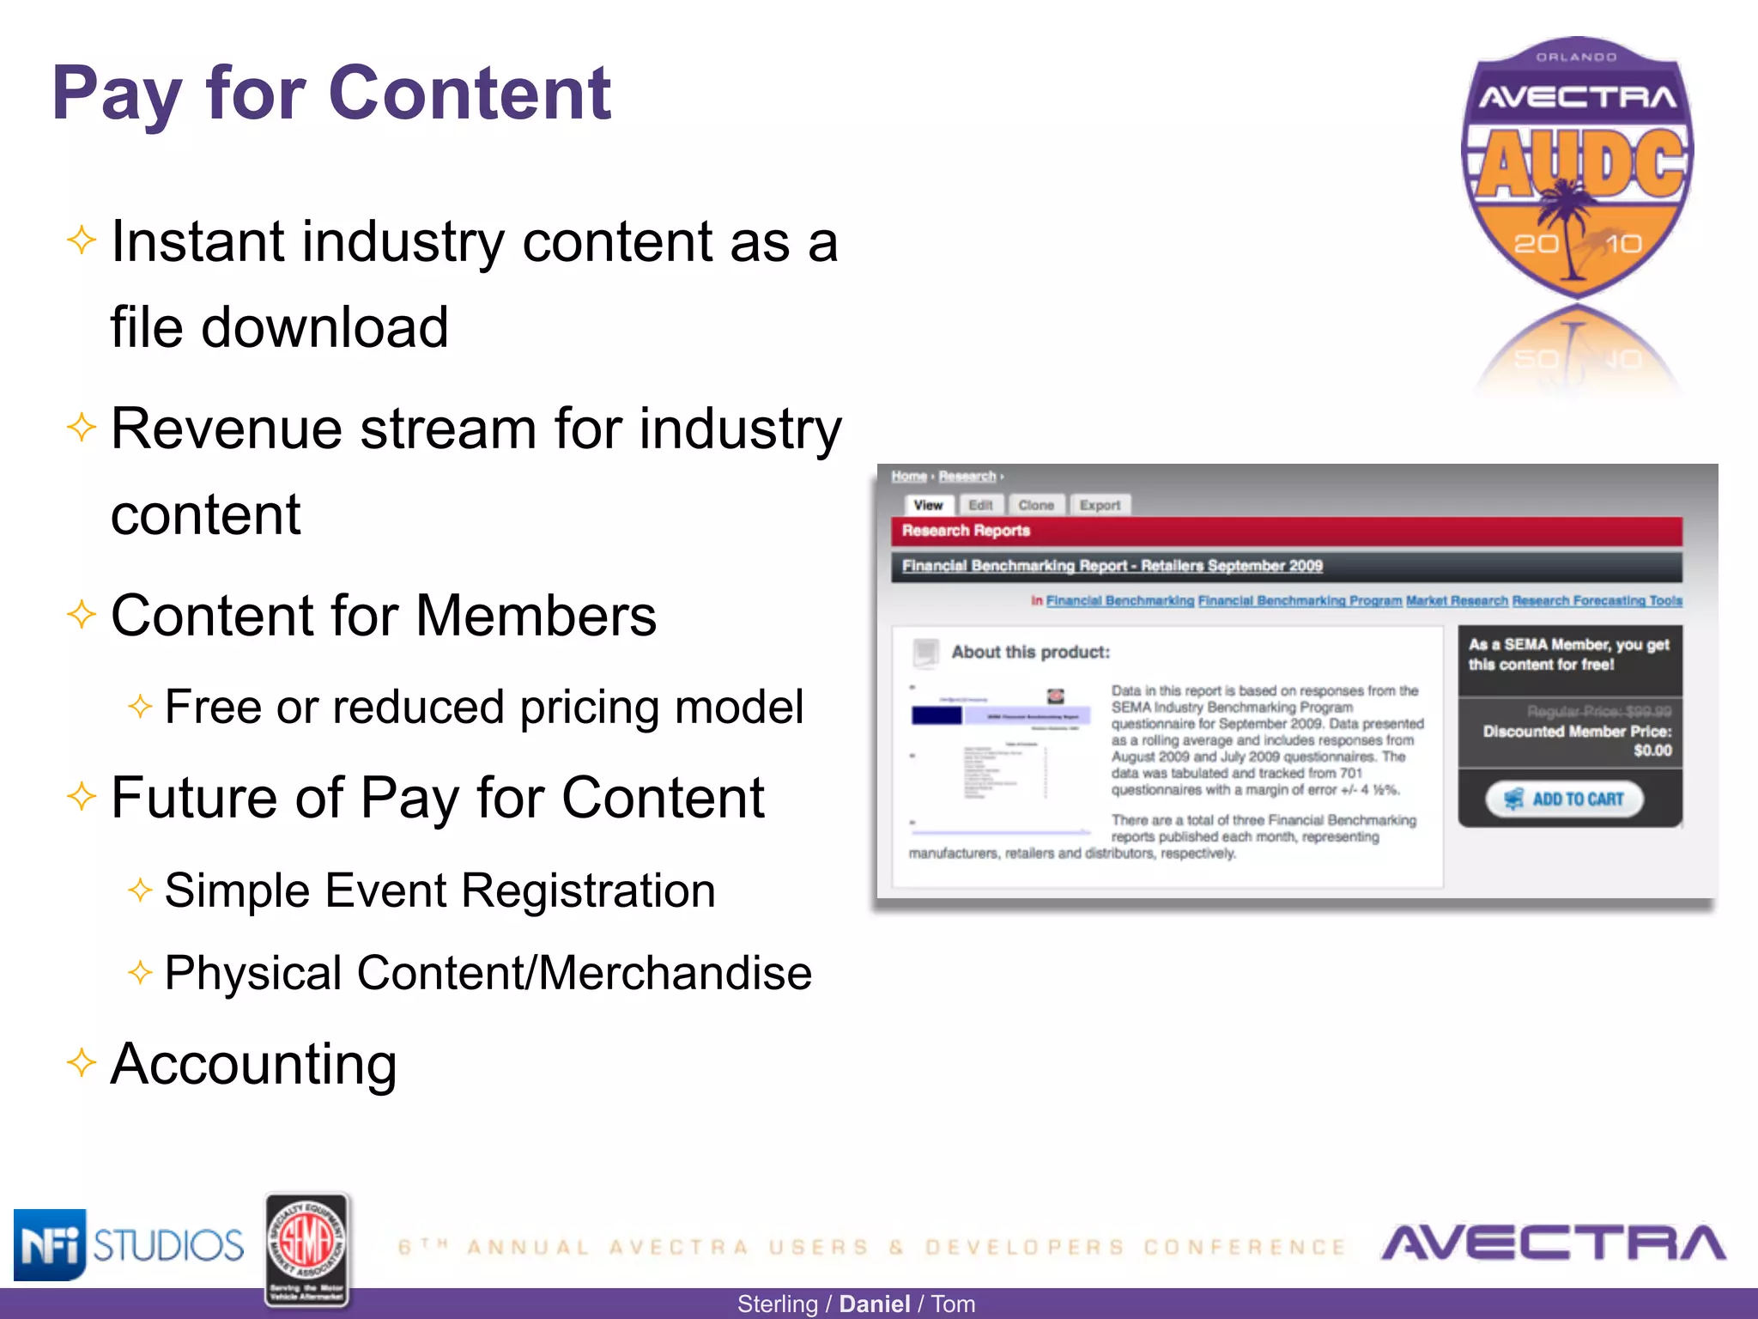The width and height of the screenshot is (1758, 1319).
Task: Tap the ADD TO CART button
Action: [1564, 799]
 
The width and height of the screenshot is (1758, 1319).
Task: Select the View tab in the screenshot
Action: [928, 505]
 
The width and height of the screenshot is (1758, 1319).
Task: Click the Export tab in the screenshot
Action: [1100, 505]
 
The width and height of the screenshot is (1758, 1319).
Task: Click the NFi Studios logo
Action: [129, 1244]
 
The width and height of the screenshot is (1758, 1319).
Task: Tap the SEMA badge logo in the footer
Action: [306, 1249]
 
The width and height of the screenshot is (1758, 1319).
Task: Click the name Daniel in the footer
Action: [874, 1304]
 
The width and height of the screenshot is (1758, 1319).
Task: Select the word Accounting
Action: [254, 1064]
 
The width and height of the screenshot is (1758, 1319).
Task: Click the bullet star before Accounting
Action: [82, 1062]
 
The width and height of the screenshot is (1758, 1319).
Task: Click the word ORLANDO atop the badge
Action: [1576, 58]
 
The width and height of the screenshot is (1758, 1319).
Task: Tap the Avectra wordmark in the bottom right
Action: [1553, 1243]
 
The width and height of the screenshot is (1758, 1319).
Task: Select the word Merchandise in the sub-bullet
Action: [676, 973]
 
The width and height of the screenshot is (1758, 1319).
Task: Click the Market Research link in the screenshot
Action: [1457, 600]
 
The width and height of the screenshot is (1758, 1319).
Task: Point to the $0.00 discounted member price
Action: [1652, 751]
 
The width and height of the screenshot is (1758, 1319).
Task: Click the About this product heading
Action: [1030, 652]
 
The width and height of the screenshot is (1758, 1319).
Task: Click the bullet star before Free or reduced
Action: [140, 707]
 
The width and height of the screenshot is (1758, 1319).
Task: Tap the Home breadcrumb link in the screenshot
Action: [908, 476]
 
